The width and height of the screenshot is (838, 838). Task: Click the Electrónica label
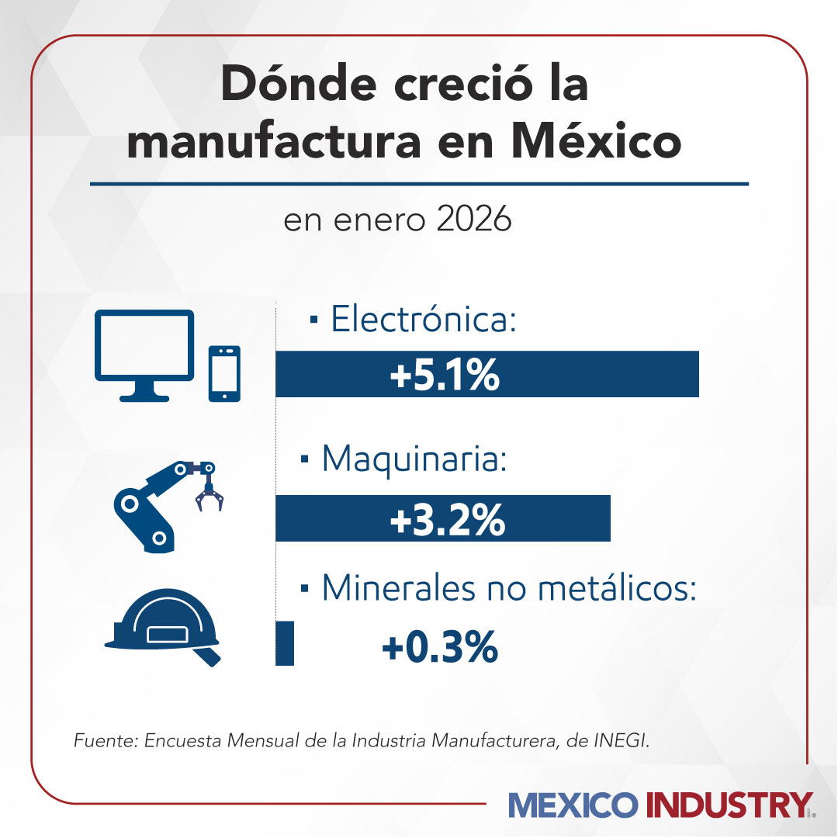423,319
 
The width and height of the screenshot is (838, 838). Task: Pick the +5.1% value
444,376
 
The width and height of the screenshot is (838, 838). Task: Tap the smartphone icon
224,373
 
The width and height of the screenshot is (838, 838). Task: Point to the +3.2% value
448,521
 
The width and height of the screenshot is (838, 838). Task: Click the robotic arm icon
155,504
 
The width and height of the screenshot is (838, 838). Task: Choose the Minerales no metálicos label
508,589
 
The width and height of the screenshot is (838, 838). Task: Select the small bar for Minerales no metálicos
285,642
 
